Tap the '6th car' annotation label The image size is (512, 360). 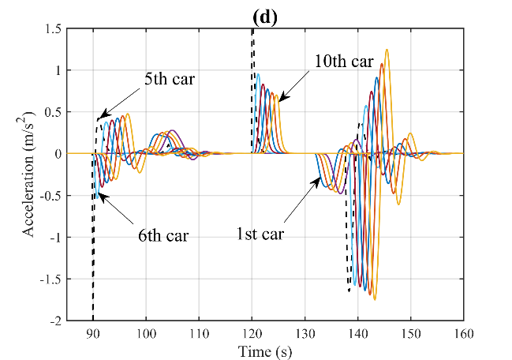[163, 235]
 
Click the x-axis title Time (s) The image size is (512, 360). [266, 351]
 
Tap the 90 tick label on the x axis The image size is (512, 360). [92, 333]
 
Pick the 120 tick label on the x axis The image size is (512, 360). [252, 333]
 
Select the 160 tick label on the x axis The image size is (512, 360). [464, 333]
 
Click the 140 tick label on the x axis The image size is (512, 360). [358, 333]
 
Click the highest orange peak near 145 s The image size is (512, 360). [387, 50]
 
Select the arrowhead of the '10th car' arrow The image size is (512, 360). [278, 101]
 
